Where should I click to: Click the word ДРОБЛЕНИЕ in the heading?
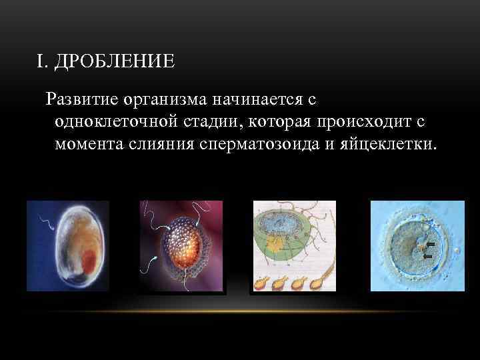coord(115,62)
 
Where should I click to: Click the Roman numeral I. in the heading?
coord(43,62)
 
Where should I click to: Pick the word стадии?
coord(200,122)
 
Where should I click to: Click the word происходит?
coord(363,122)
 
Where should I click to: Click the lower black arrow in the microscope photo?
coord(428,255)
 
